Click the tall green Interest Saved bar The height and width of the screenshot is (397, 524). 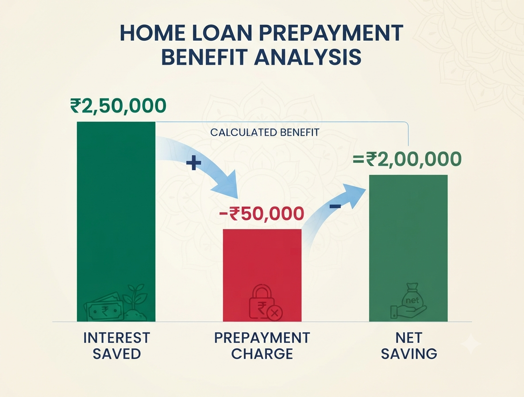(x=116, y=222)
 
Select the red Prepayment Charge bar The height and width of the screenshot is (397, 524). (x=262, y=275)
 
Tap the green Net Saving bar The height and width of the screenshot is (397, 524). (x=408, y=248)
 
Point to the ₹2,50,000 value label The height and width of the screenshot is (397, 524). (x=118, y=106)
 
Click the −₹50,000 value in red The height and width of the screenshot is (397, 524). (x=262, y=214)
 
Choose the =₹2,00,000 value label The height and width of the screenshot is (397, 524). (x=407, y=159)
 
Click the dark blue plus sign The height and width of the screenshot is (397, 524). (x=193, y=163)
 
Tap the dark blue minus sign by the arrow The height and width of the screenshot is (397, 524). (x=335, y=206)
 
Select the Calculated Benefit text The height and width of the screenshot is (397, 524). (x=265, y=132)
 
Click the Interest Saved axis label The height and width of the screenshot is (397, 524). (x=117, y=346)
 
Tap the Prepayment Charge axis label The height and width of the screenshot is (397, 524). (x=262, y=346)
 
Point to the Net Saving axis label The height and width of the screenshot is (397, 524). (x=409, y=346)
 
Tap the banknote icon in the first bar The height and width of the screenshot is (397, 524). (x=104, y=307)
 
